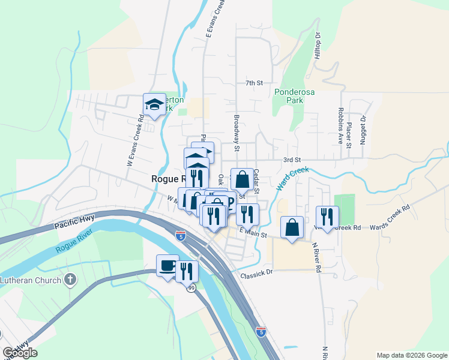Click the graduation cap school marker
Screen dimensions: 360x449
154,105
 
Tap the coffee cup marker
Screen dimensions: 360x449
167,265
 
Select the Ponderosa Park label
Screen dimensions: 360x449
289,97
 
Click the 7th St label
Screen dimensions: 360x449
255,83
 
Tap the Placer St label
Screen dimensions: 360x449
349,133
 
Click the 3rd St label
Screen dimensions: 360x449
292,160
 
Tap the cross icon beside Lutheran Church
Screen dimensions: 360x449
71,279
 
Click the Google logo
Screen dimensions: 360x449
20,353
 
